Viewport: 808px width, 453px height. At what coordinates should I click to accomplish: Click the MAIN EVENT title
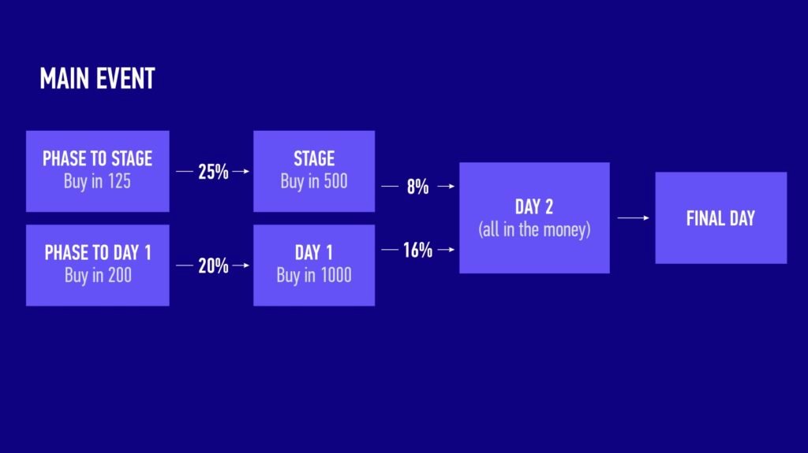[97, 79]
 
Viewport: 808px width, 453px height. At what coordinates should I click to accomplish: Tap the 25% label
[213, 172]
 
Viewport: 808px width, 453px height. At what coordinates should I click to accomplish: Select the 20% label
[213, 265]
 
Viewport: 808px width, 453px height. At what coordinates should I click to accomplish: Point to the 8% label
[418, 187]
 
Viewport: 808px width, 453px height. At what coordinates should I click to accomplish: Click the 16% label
[418, 250]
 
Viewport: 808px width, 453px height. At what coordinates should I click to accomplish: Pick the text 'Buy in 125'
[97, 181]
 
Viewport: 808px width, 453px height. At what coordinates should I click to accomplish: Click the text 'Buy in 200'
[98, 276]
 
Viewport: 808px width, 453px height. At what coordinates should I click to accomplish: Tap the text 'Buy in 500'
[314, 181]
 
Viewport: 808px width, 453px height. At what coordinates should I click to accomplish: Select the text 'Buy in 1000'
[314, 276]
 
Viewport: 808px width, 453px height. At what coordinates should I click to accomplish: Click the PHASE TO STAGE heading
[97, 158]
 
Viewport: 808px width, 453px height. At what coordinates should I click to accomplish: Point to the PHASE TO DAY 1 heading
[98, 253]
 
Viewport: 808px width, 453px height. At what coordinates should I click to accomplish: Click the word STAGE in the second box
[314, 158]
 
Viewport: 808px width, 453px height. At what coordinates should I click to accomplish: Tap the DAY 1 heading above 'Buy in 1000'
[314, 253]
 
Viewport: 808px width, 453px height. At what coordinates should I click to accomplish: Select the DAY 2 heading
[534, 207]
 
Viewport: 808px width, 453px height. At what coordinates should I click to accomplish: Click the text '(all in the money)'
[534, 229]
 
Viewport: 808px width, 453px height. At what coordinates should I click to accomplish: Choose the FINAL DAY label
[720, 218]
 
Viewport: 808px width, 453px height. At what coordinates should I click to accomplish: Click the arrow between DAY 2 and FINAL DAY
[634, 217]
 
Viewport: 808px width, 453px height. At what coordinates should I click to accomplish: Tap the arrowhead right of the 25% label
[246, 172]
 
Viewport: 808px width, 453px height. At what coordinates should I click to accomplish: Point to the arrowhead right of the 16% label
[451, 250]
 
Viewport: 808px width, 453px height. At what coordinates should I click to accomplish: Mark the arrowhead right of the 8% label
[451, 187]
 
